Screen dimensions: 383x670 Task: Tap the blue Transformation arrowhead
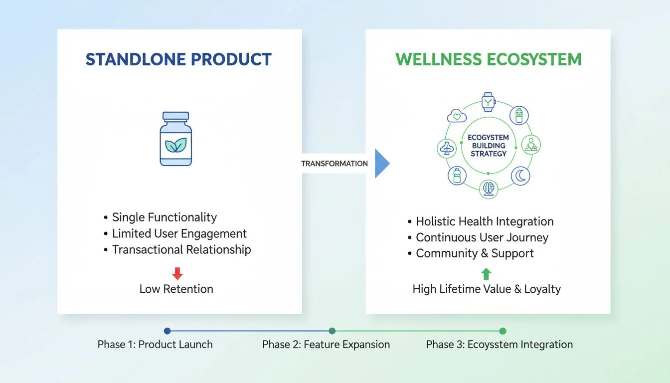[381, 163]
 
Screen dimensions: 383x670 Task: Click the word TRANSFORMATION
[335, 164]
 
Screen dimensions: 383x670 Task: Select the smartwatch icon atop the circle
[488, 102]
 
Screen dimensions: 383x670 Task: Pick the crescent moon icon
[520, 176]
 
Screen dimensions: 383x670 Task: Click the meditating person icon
[531, 145]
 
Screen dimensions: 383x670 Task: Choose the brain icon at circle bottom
[488, 189]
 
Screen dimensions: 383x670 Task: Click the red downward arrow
[177, 273]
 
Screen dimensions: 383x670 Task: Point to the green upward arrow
[487, 273]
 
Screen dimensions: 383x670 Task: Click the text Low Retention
[176, 289]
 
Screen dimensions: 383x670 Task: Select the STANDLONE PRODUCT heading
[178, 59]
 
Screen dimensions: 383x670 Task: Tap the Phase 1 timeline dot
[167, 331]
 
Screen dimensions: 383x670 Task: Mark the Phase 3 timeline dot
[502, 331]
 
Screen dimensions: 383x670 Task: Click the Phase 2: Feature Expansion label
[326, 345]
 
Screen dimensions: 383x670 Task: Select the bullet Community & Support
[474, 253]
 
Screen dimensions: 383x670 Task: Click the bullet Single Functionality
[164, 217]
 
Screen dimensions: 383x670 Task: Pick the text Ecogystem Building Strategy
[488, 145]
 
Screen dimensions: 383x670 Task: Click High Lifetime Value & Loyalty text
[487, 289]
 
